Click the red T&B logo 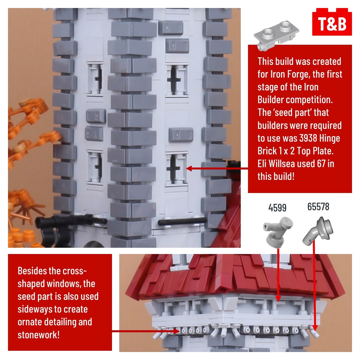(x=332, y=22)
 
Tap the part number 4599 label (x=277, y=208)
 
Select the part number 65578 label (x=318, y=207)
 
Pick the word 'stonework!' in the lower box (x=39, y=335)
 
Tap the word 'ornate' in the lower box (x=30, y=322)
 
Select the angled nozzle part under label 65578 (x=318, y=231)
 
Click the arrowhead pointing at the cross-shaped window (x=189, y=169)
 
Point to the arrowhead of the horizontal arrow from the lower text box (x=177, y=331)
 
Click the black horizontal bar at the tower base (x=182, y=221)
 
